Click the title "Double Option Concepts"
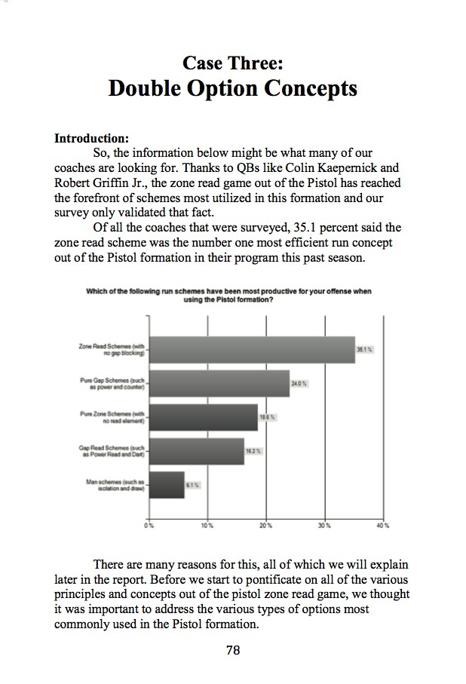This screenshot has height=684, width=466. click(232, 88)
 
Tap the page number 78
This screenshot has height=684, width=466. click(233, 650)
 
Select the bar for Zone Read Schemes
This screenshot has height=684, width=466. click(252, 349)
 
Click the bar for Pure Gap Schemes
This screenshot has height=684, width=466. click(219, 383)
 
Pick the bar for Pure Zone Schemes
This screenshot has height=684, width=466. click(204, 417)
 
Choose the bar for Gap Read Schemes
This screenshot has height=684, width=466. click(197, 451)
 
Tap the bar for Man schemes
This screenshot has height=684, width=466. click(167, 484)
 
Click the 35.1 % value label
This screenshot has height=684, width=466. click(366, 350)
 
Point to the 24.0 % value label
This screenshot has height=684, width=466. click(299, 384)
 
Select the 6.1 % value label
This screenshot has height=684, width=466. click(194, 485)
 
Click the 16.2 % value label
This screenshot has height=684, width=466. click(253, 451)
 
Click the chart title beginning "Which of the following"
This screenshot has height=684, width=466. click(228, 295)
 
